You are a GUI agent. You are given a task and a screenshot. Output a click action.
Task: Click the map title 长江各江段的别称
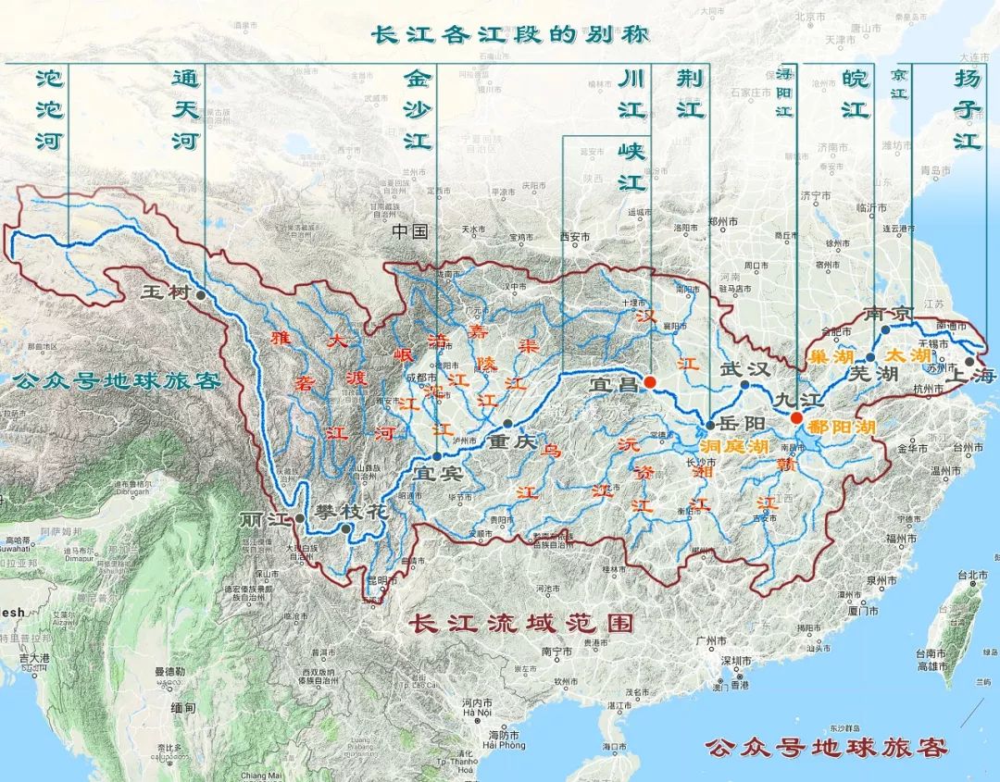click(x=510, y=35)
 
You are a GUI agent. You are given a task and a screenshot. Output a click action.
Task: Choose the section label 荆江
click(x=690, y=95)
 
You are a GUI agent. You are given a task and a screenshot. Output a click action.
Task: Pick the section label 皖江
click(x=856, y=95)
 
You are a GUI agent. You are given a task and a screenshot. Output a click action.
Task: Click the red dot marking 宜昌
click(x=650, y=382)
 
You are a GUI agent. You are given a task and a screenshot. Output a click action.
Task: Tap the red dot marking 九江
click(x=796, y=418)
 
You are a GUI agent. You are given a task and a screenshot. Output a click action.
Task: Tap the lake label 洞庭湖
click(x=734, y=446)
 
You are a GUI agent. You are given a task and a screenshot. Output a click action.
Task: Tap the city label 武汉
click(x=745, y=367)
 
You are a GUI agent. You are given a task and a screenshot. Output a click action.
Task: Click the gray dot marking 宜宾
click(x=437, y=456)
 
